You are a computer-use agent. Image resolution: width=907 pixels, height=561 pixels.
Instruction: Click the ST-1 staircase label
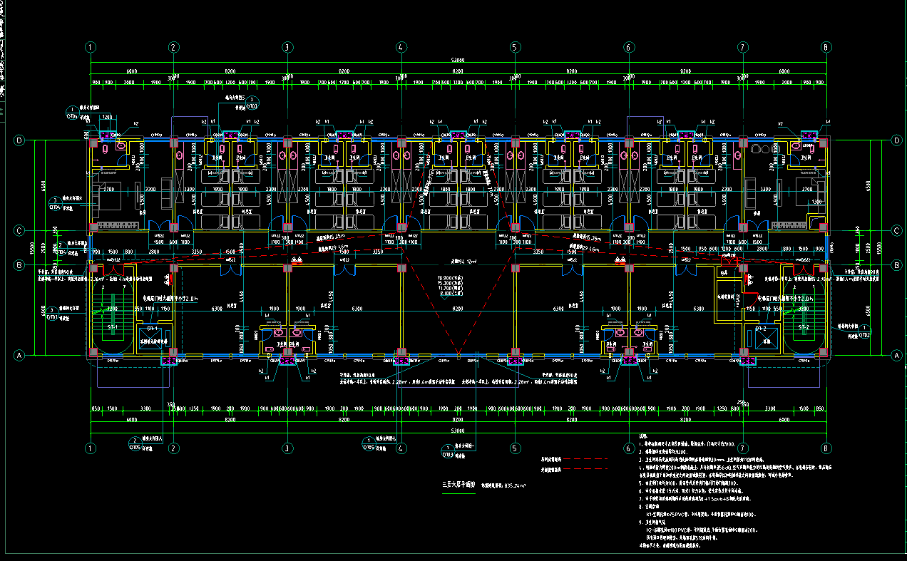click(112, 327)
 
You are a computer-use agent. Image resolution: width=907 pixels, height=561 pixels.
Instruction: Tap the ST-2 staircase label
click(805, 327)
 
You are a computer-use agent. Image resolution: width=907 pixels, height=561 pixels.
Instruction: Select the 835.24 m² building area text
click(504, 485)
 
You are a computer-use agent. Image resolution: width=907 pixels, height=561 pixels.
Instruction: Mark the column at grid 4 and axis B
click(401, 268)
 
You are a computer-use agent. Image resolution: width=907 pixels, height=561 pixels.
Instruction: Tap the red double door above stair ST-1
click(110, 270)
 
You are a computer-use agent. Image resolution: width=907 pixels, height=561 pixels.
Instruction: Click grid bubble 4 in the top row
click(401, 47)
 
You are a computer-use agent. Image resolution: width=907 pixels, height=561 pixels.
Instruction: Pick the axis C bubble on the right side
click(896, 230)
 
